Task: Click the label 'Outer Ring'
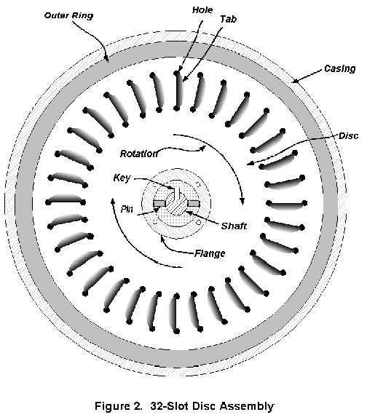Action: pos(68,15)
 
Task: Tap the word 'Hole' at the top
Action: pos(202,10)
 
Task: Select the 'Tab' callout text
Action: pos(228,19)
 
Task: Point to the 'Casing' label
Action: pos(339,69)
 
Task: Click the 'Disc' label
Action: pos(348,136)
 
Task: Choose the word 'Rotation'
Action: pos(139,154)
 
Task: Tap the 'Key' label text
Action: pos(122,178)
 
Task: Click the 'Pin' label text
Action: pos(127,209)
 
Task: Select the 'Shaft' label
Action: pos(234,226)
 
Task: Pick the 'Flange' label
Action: pos(210,253)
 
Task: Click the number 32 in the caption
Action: pos(156,406)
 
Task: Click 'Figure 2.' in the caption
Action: pos(118,406)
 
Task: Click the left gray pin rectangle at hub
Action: pos(159,204)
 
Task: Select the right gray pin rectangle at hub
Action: pos(193,204)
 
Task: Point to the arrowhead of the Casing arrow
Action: pos(294,80)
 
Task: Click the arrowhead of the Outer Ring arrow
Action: pos(107,59)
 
